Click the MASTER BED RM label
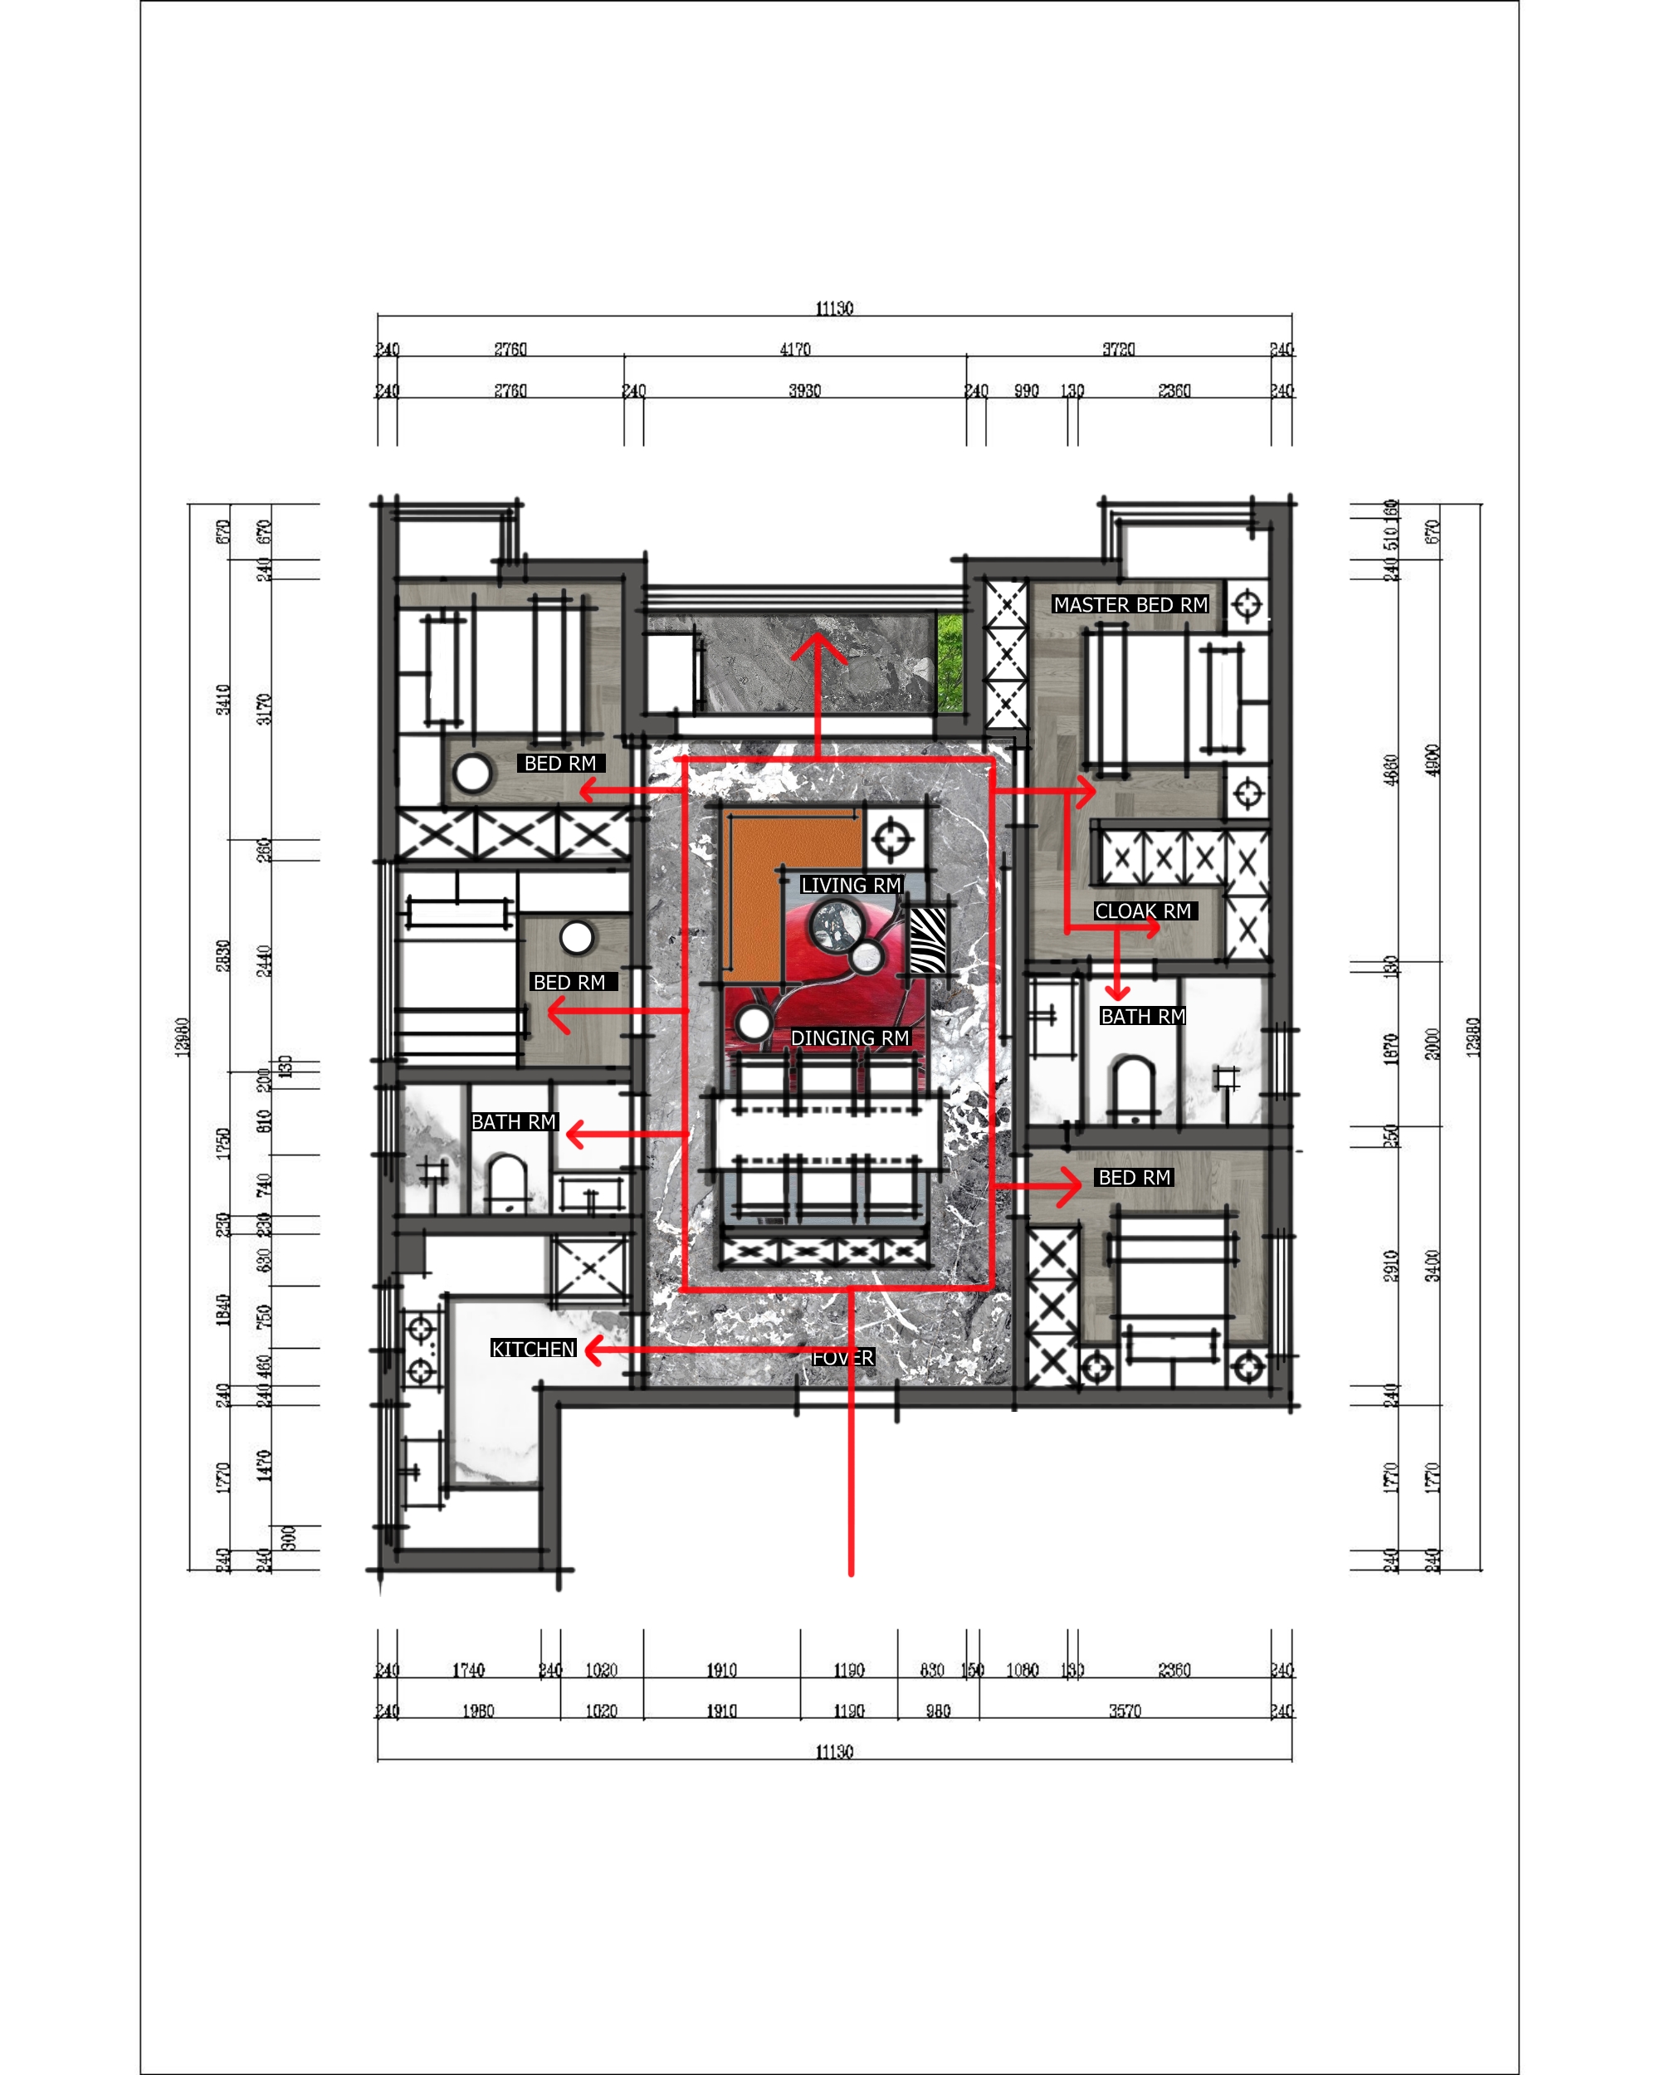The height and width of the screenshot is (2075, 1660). point(1130,604)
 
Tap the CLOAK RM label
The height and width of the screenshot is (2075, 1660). point(1143,911)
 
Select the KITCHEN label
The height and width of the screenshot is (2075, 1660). point(533,1349)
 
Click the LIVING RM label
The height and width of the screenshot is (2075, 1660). point(851,885)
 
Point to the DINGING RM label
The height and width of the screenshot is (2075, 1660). point(850,1037)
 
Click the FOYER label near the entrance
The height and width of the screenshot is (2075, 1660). point(843,1357)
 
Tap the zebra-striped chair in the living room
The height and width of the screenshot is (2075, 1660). point(928,940)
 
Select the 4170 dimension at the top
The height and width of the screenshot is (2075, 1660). point(795,349)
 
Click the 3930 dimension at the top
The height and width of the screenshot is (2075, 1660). point(804,391)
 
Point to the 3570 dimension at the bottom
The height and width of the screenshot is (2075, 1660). point(1124,1711)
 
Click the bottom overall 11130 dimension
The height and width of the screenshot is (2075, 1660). point(833,1751)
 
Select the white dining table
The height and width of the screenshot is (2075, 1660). point(826,1135)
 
